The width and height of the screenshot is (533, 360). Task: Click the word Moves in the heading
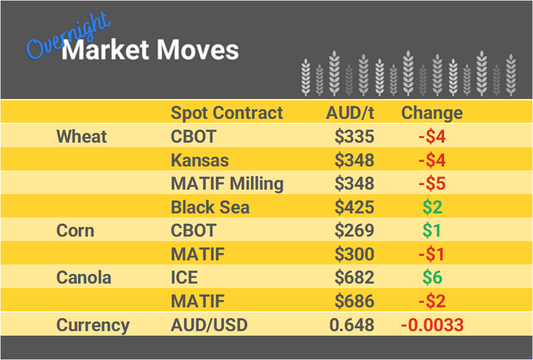click(x=198, y=50)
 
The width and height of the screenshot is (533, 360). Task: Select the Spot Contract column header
click(x=227, y=113)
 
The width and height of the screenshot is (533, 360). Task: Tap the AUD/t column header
click(x=350, y=113)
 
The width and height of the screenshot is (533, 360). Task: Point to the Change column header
click(x=432, y=113)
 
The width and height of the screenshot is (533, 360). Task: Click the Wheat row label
click(x=82, y=136)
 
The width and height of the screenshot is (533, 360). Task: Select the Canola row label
click(x=84, y=278)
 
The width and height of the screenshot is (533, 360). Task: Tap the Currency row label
click(x=93, y=325)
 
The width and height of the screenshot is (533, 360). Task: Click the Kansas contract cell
click(x=200, y=160)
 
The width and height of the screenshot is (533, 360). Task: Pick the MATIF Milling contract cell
click(x=227, y=183)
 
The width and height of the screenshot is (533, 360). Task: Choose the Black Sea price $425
click(x=354, y=207)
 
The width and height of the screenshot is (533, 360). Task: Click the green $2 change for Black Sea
click(x=432, y=207)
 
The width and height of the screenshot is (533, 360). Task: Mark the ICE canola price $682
click(x=354, y=278)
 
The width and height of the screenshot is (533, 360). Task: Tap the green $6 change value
click(x=432, y=278)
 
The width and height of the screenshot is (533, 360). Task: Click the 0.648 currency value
click(x=352, y=325)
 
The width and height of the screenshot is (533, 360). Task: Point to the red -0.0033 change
click(x=432, y=325)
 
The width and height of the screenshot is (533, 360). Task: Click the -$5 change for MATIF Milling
click(x=432, y=183)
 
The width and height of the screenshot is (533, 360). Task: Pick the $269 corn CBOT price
click(x=354, y=231)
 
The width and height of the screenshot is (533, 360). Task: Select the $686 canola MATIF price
click(x=354, y=301)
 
